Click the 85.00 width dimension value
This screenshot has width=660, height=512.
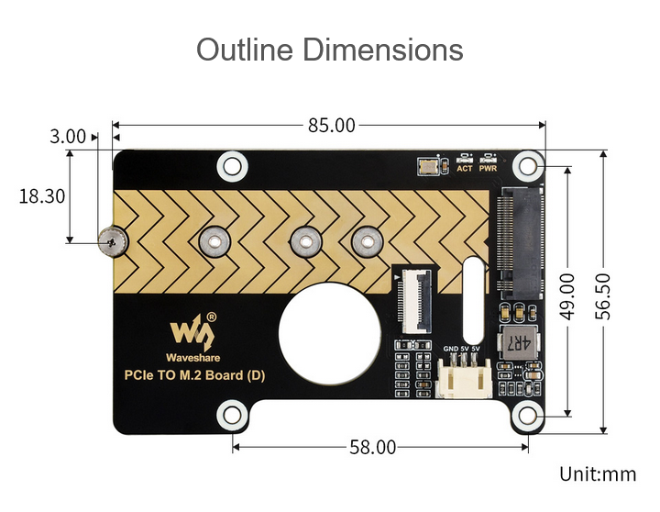[x=331, y=126]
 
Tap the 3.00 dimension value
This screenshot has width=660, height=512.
[x=67, y=137]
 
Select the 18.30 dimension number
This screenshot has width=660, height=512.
[x=42, y=196]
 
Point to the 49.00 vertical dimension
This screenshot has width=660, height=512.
[x=567, y=296]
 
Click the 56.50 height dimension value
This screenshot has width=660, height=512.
[x=603, y=296]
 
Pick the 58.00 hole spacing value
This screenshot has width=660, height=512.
[x=372, y=447]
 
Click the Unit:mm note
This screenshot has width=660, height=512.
[x=598, y=474]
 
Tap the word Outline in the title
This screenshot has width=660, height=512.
[x=245, y=50]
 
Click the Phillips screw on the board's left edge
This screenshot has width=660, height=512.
[x=113, y=241]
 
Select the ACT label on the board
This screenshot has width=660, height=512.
[x=465, y=169]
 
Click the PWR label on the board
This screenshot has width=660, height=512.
[x=488, y=169]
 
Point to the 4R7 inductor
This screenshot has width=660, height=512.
[x=518, y=342]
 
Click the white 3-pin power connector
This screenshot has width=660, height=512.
[x=464, y=378]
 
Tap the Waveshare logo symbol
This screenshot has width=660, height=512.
[x=192, y=331]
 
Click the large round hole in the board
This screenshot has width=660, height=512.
[x=330, y=333]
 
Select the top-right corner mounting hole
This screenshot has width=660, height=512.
[x=528, y=166]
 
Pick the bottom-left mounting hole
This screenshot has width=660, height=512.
[x=232, y=415]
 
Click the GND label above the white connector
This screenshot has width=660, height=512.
[x=451, y=349]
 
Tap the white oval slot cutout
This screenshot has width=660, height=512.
[x=473, y=300]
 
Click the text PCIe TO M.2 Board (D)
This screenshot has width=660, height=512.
[x=194, y=375]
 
